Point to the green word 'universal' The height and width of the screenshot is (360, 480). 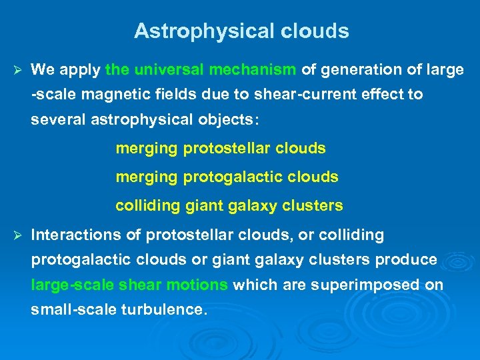tap(169, 69)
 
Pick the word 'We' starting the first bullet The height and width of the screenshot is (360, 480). tap(42, 69)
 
